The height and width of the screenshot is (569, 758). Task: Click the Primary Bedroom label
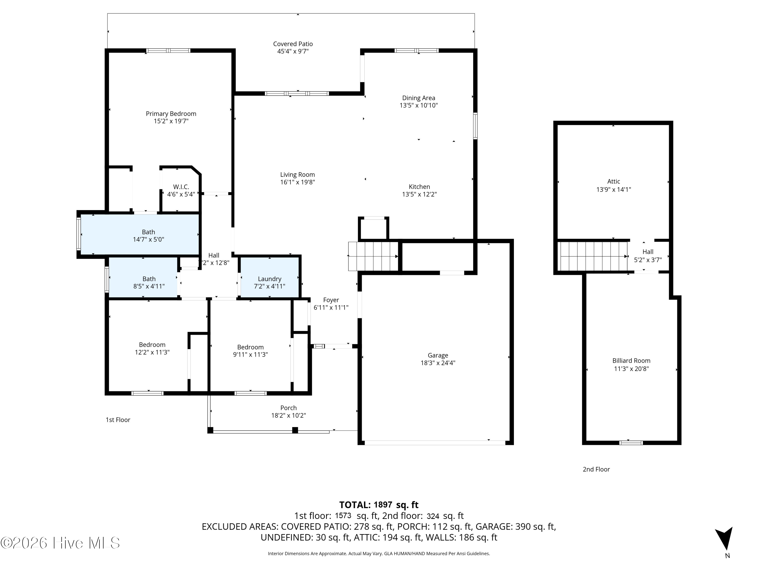click(x=171, y=114)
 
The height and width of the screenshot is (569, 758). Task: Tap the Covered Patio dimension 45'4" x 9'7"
click(x=293, y=51)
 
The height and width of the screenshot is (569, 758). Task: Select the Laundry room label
click(x=270, y=279)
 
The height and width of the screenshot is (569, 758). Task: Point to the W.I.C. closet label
click(x=181, y=187)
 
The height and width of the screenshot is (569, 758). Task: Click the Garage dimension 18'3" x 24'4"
click(x=438, y=363)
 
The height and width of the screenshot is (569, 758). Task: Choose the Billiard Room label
click(x=631, y=360)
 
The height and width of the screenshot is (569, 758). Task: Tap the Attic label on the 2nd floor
click(x=614, y=181)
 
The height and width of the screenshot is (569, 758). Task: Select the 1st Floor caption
click(x=118, y=420)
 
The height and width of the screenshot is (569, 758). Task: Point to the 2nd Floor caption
click(x=596, y=469)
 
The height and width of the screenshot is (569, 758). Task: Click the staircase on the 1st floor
click(x=373, y=256)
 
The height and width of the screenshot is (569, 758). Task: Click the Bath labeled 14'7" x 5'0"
click(x=148, y=232)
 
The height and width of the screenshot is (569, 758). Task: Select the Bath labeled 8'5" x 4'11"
click(x=149, y=279)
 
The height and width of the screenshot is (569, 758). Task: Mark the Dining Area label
click(x=419, y=98)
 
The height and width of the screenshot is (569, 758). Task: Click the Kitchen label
click(x=419, y=187)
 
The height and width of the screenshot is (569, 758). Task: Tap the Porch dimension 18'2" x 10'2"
click(x=289, y=415)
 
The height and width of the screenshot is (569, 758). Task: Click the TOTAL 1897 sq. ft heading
click(x=379, y=505)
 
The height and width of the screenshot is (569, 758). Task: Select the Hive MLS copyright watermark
click(x=60, y=543)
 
